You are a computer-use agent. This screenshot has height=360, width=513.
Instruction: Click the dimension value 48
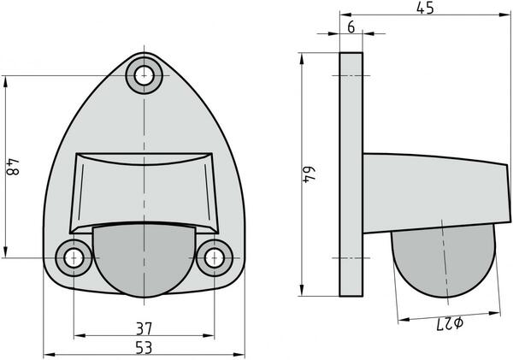(13, 165)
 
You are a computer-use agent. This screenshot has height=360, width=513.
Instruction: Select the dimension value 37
(144, 328)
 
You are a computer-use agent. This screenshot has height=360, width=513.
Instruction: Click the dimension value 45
(425, 9)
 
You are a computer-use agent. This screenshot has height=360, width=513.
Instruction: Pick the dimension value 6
(351, 27)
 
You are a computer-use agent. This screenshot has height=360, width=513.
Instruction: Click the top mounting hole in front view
(144, 74)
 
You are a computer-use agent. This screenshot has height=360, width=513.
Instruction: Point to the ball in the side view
(442, 263)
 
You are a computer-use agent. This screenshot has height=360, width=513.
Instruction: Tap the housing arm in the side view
(427, 192)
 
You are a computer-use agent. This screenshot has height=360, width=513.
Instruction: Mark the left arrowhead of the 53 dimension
(46, 354)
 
